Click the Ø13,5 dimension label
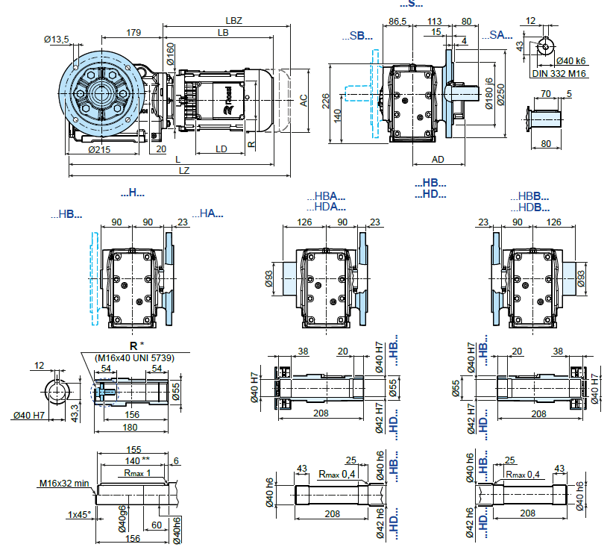(57, 39)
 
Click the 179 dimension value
(133, 32)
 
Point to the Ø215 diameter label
(100, 149)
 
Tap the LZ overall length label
(183, 171)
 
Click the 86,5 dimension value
(397, 22)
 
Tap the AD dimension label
(438, 159)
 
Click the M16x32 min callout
(65, 483)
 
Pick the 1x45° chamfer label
(79, 515)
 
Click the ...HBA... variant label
(327, 196)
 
